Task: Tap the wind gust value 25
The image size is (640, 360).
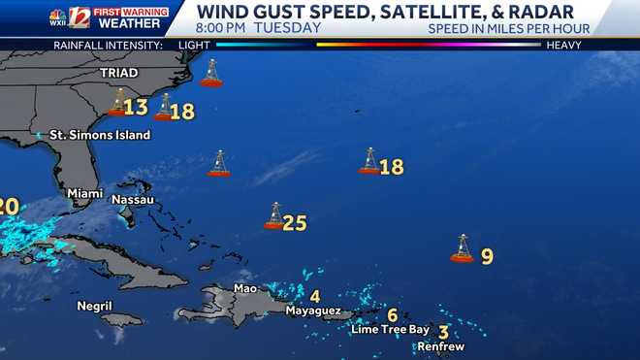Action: [295, 223]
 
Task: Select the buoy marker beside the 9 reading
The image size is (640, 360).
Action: [463, 249]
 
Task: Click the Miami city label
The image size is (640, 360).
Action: [84, 194]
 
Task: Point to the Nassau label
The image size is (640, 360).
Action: [133, 199]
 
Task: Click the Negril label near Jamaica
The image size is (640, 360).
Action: [95, 306]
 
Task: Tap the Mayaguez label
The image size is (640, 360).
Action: [312, 311]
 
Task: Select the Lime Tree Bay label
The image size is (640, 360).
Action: [390, 329]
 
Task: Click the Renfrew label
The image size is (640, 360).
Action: [441, 346]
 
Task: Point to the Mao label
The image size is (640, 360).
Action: [244, 288]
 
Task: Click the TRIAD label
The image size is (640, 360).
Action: [118, 73]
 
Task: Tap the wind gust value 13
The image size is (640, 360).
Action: [136, 107]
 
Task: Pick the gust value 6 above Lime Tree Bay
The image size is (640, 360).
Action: [392, 314]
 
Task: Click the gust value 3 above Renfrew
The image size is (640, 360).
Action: [443, 332]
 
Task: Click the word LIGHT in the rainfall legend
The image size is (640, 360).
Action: [195, 45]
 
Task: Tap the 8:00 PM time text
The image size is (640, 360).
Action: [221, 28]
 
